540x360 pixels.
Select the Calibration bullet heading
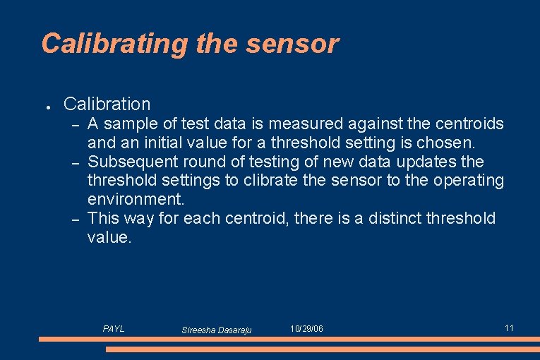pyautogui.click(x=107, y=104)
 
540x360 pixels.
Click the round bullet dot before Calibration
pyautogui.click(x=46, y=106)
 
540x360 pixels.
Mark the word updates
pyautogui.click(x=429, y=162)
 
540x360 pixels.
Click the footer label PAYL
pyautogui.click(x=114, y=329)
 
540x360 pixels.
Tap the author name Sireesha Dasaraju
pyautogui.click(x=216, y=330)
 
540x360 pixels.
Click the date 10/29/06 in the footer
pyautogui.click(x=307, y=330)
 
